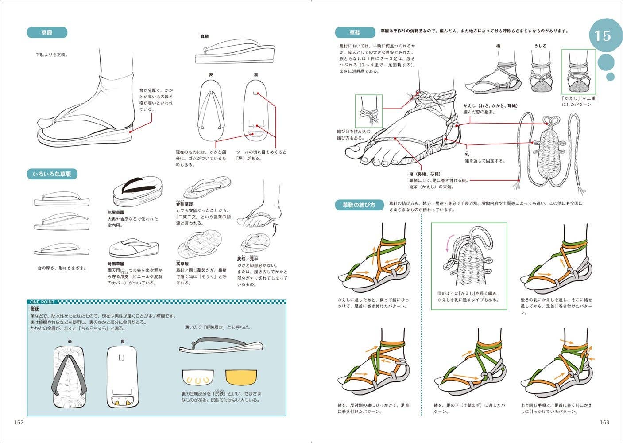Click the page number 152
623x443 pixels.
pyautogui.click(x=19, y=422)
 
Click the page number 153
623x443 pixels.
pyautogui.click(x=604, y=422)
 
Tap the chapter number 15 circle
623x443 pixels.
pyautogui.click(x=603, y=35)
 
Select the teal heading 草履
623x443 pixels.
pyautogui.click(x=47, y=32)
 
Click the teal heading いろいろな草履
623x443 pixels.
pyautogui.click(x=52, y=174)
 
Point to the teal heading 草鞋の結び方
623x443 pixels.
pyautogui.click(x=358, y=205)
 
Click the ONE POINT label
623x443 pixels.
pyautogui.click(x=42, y=302)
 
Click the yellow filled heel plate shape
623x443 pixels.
pyautogui.click(x=241, y=377)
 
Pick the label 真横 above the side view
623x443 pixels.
pyautogui.click(x=205, y=36)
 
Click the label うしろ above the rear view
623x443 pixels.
pyautogui.click(x=540, y=46)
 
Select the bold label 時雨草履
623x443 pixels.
pyautogui.click(x=116, y=264)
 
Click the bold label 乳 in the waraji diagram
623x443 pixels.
pyautogui.click(x=467, y=155)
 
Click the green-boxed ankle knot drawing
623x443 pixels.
pyautogui.click(x=368, y=111)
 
